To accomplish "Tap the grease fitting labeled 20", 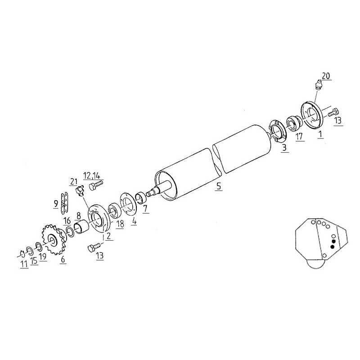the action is click(318, 84).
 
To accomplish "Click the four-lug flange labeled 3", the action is click(278, 131).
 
